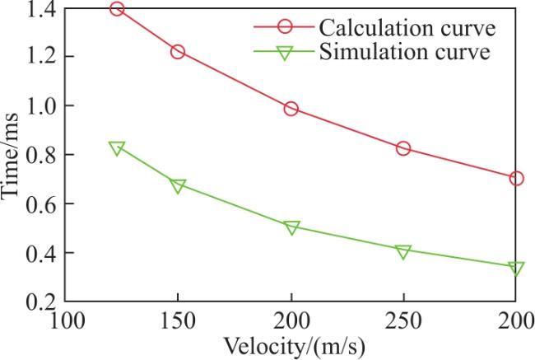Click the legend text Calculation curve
coord(407,27)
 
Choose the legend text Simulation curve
coord(405,52)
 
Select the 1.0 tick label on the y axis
coord(40,106)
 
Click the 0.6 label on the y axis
coord(40,204)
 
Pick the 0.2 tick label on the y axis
coord(40,302)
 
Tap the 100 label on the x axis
coord(67,321)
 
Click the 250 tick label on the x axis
coord(403,321)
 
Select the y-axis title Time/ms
coord(10,156)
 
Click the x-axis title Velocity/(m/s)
coord(294,347)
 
